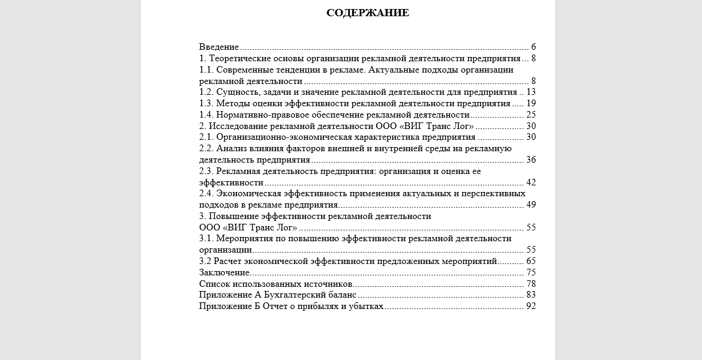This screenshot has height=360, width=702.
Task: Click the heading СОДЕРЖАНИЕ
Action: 368,13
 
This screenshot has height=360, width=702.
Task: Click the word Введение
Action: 219,47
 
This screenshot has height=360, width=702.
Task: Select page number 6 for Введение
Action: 533,47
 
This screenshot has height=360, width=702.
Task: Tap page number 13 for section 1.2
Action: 530,92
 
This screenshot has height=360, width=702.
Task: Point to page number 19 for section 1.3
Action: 530,103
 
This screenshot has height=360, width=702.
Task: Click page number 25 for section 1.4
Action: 530,115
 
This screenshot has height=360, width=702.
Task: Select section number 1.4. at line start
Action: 206,115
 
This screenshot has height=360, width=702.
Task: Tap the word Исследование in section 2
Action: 238,126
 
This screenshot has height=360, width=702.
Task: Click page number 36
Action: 530,160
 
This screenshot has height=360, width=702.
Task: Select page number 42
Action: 530,182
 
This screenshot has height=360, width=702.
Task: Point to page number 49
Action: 530,205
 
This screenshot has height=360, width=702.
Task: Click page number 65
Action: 530,262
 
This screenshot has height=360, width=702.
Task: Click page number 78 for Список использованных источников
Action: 530,284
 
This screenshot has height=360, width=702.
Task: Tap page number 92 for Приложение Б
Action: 530,307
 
